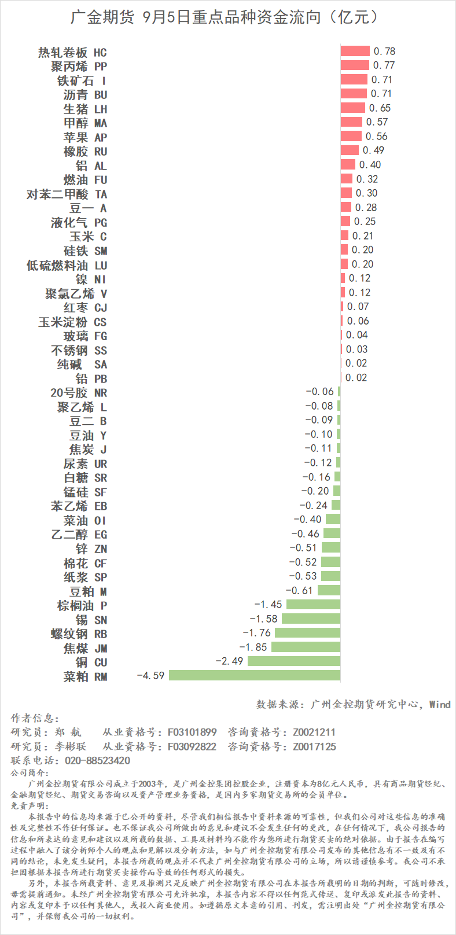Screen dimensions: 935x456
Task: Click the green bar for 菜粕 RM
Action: click(x=255, y=675)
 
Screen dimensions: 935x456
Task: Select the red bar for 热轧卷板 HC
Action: click(x=355, y=51)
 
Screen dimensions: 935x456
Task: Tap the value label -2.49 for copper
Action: click(x=229, y=661)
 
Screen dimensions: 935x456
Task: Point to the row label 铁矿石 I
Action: click(x=82, y=80)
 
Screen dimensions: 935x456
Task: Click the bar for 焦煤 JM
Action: click(x=306, y=647)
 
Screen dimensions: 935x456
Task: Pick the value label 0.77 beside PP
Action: click(x=384, y=65)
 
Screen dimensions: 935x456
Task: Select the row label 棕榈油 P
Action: click(x=82, y=606)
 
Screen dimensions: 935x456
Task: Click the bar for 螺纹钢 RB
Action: click(x=307, y=633)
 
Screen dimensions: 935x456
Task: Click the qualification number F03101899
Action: click(x=192, y=732)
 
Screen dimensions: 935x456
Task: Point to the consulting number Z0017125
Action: click(x=314, y=746)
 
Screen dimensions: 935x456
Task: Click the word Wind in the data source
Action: click(x=440, y=704)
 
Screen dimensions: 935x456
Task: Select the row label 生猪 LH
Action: click(x=85, y=109)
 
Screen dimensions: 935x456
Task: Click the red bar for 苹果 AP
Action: click(x=351, y=137)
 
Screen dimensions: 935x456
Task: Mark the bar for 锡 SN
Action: click(x=311, y=619)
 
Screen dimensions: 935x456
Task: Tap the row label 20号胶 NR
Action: click(x=79, y=393)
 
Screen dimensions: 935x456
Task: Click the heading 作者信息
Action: click(x=35, y=718)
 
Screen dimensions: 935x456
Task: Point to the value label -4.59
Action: click(x=150, y=675)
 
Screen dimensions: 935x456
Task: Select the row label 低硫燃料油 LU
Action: click(x=67, y=265)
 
